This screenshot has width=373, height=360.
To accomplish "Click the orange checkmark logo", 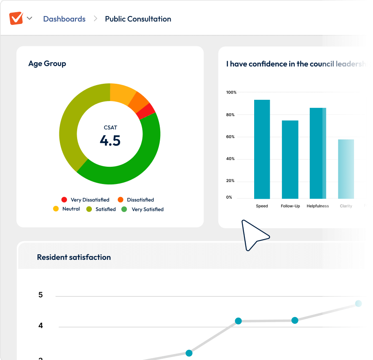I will coord(16,18).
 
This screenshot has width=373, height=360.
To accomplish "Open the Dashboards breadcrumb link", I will coord(64,19).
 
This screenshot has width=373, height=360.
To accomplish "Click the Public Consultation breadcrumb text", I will coord(138,19).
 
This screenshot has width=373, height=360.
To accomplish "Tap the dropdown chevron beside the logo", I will coord(30,18).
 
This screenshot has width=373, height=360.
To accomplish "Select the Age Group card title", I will coord(47,64).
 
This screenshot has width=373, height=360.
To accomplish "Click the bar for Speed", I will coord(262,149).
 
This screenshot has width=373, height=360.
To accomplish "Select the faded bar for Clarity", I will coord(346,169).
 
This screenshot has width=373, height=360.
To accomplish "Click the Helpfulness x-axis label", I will coord(318,206).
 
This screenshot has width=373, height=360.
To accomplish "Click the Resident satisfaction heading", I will coord(74,257).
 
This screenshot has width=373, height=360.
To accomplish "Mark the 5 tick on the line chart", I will coord(40,295).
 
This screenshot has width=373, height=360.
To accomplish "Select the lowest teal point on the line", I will coord(189,353).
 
